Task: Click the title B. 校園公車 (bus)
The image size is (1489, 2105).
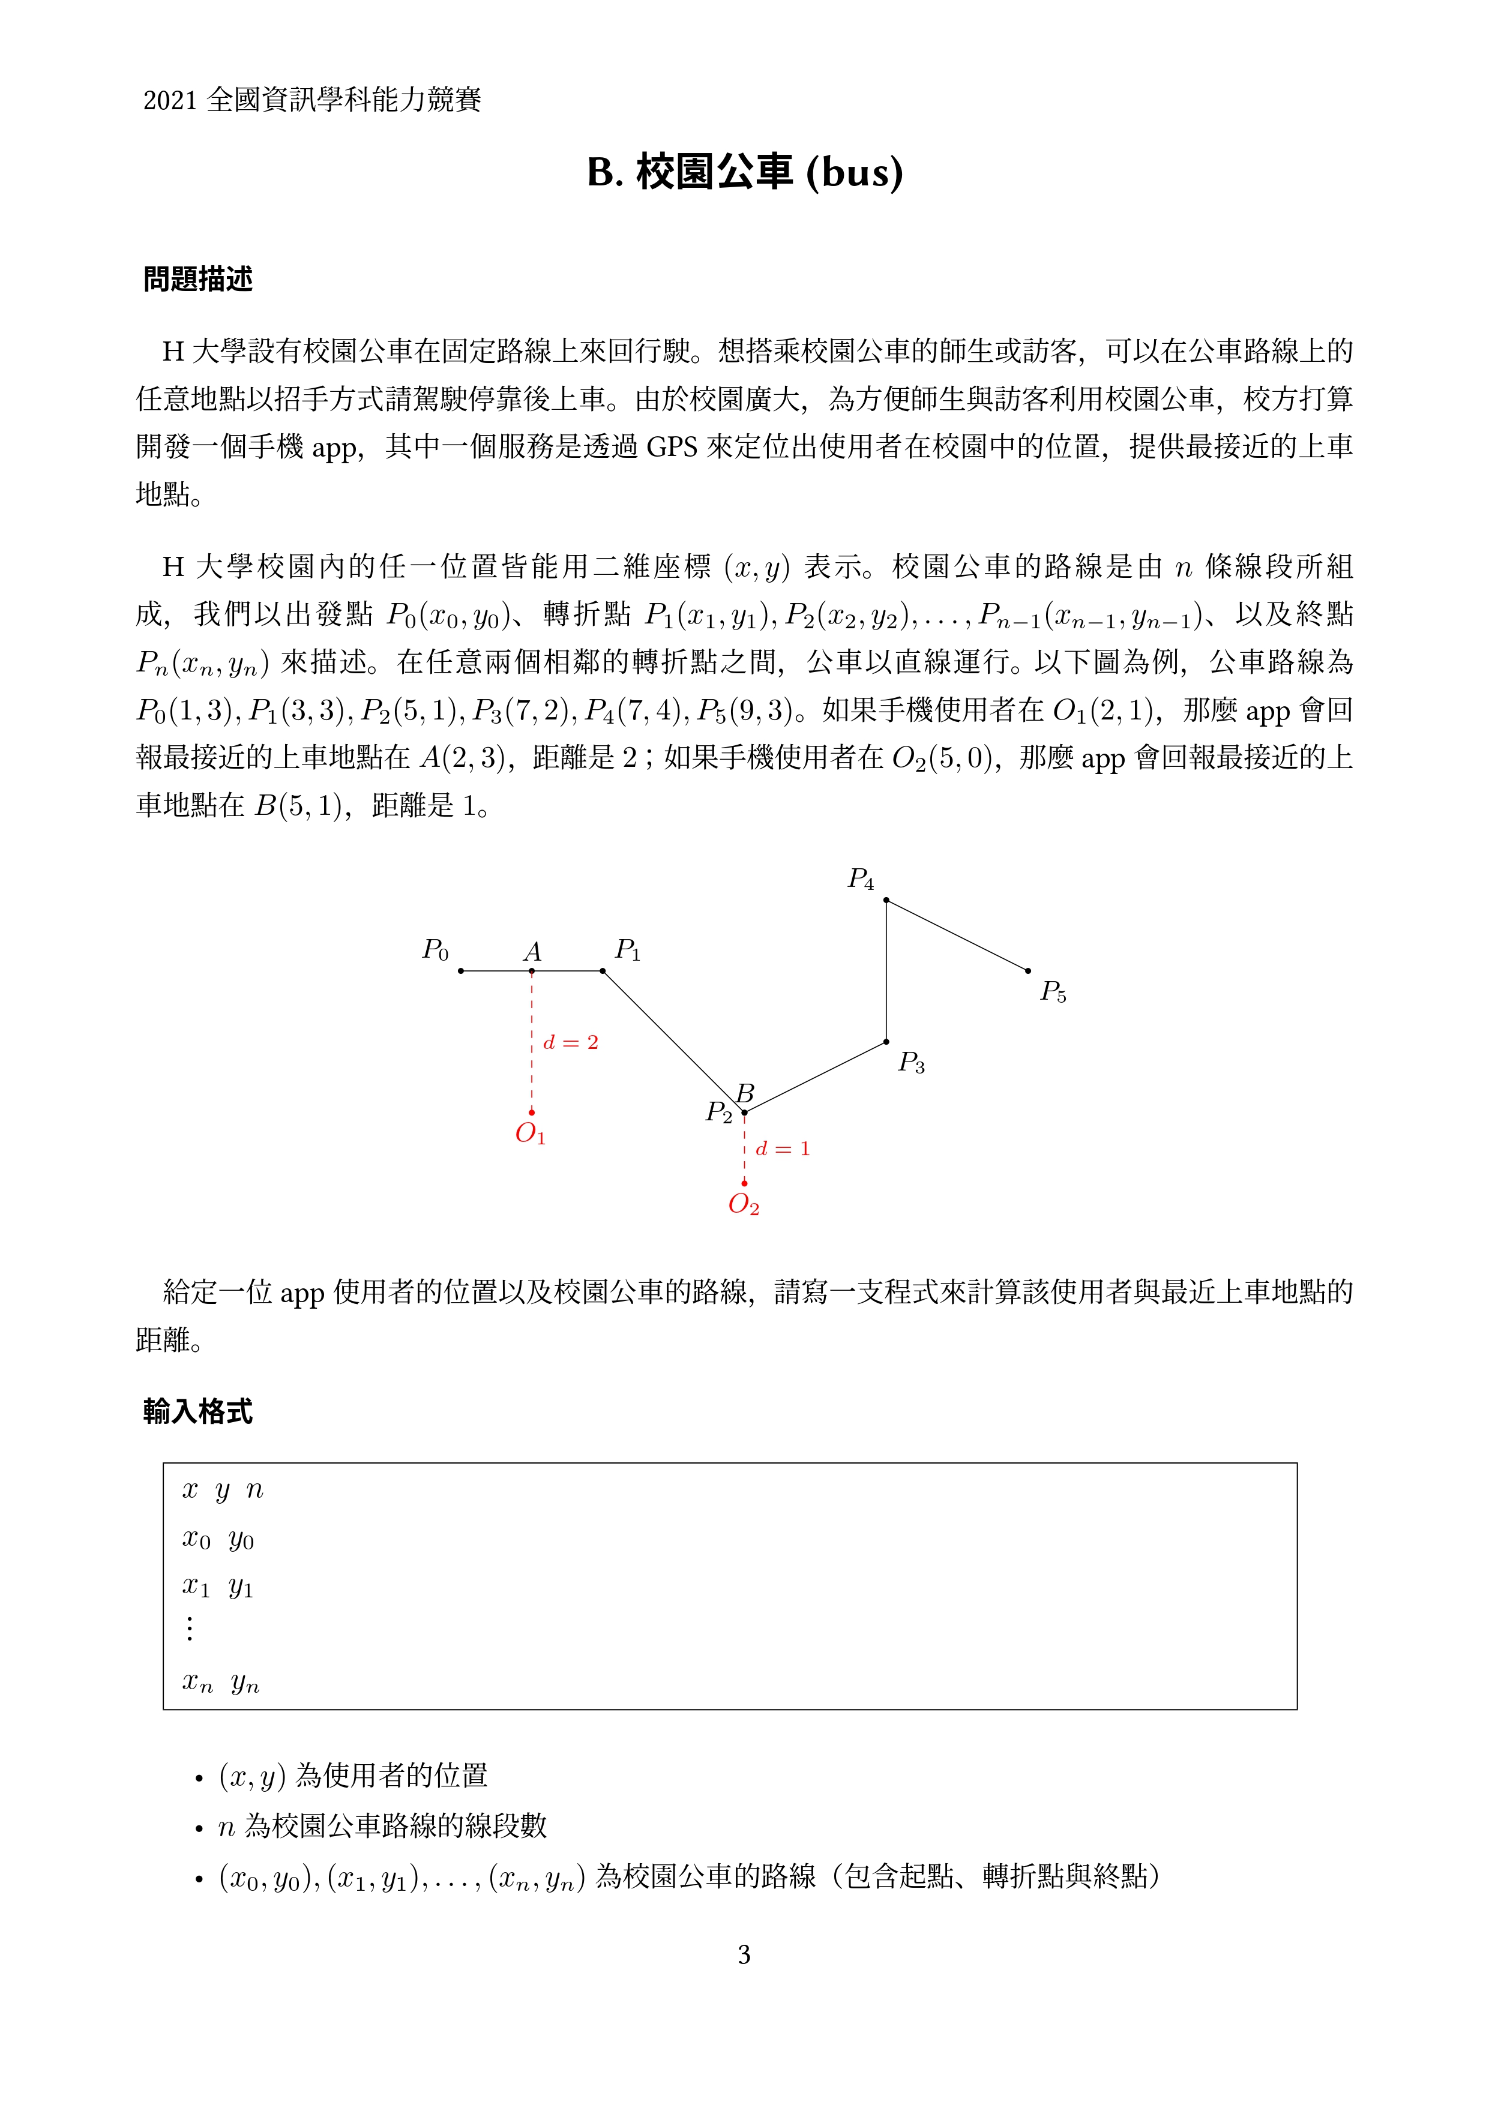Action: coord(744,172)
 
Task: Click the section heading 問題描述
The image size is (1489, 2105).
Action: coord(198,278)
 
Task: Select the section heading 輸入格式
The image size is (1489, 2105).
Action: coord(198,1411)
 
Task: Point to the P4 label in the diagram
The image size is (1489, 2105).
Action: coord(860,879)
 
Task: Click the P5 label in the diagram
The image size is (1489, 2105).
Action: coord(1053,992)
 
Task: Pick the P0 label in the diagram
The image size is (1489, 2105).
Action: coord(435,950)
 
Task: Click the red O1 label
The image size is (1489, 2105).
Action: coord(530,1135)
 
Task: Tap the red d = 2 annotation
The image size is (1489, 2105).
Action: coord(570,1042)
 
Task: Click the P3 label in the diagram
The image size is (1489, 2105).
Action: coord(910,1063)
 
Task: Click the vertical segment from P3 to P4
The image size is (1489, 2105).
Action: coord(886,972)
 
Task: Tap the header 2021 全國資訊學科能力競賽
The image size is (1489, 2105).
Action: coord(311,99)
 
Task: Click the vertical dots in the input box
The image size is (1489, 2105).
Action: coord(190,1629)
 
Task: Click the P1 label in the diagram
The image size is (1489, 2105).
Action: coord(627,950)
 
